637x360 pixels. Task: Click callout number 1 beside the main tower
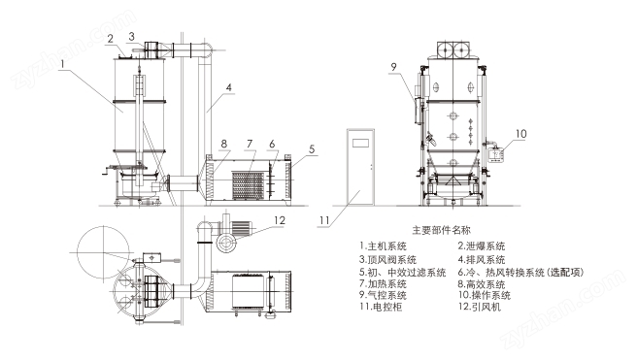pos(62,64)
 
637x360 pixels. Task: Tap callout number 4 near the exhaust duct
pos(229,87)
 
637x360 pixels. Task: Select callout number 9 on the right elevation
pos(393,67)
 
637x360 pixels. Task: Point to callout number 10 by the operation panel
pos(520,134)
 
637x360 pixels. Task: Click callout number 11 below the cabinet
pos(324,220)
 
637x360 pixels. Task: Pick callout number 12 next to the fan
pos(280,220)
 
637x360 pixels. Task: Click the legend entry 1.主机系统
pos(383,245)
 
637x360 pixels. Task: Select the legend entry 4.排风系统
pos(482,259)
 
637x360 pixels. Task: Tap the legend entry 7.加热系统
pos(383,283)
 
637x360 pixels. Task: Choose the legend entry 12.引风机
pos(480,307)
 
